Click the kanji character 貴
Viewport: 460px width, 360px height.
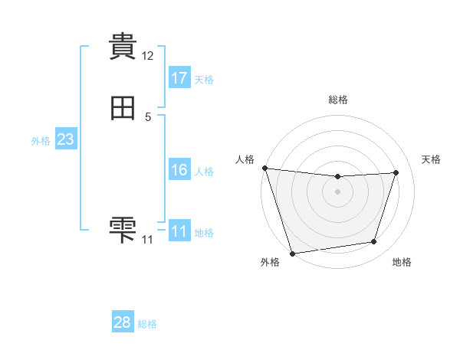tap(123, 46)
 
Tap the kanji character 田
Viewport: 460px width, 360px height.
tap(123, 110)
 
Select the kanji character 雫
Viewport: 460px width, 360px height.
tap(123, 229)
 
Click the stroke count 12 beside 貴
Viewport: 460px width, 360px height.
tap(148, 56)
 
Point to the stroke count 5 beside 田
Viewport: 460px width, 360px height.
tap(148, 117)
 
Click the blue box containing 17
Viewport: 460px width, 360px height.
tap(179, 77)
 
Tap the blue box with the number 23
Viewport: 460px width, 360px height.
tap(65, 139)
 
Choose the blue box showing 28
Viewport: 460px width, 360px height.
tap(123, 322)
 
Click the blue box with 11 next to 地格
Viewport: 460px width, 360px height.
tap(179, 231)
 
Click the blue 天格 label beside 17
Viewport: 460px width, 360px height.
tap(204, 80)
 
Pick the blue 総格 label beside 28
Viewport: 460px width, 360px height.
tap(147, 324)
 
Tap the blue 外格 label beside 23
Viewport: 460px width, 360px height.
tap(41, 141)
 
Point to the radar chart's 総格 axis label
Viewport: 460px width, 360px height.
tap(338, 100)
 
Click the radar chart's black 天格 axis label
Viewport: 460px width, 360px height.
tap(431, 159)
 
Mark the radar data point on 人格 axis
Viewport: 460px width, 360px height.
tap(264, 168)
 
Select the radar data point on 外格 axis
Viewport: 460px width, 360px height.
tap(292, 252)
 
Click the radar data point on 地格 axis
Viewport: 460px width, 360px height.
tap(374, 242)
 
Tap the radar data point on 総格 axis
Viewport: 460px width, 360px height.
tap(338, 177)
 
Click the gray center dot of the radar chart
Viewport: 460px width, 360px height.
tap(338, 191)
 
